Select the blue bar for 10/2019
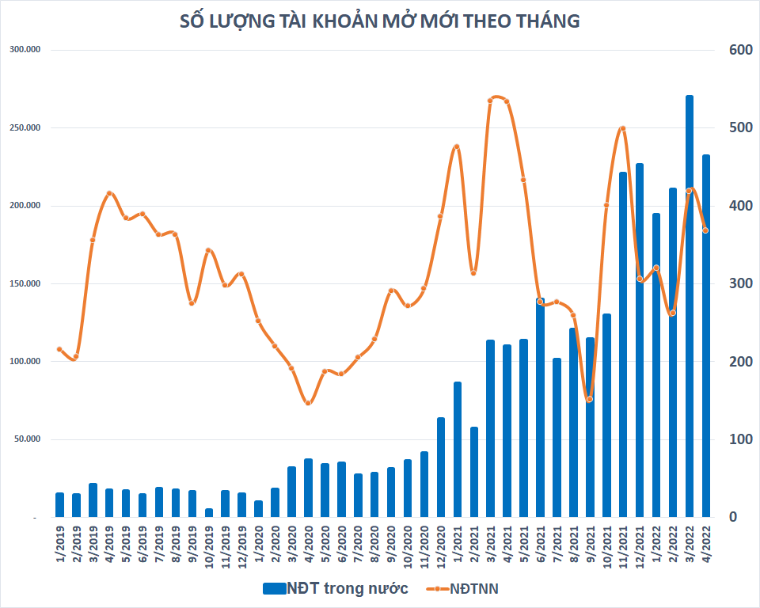click(x=208, y=512)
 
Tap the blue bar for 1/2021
click(x=458, y=449)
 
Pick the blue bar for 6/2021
click(x=540, y=408)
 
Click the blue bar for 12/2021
click(x=640, y=340)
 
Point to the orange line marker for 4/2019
click(x=109, y=193)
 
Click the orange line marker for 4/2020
click(x=308, y=403)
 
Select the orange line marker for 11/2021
click(x=623, y=128)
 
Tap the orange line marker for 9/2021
click(x=590, y=399)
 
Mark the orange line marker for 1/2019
click(x=59, y=349)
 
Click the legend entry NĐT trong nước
click(x=336, y=588)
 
